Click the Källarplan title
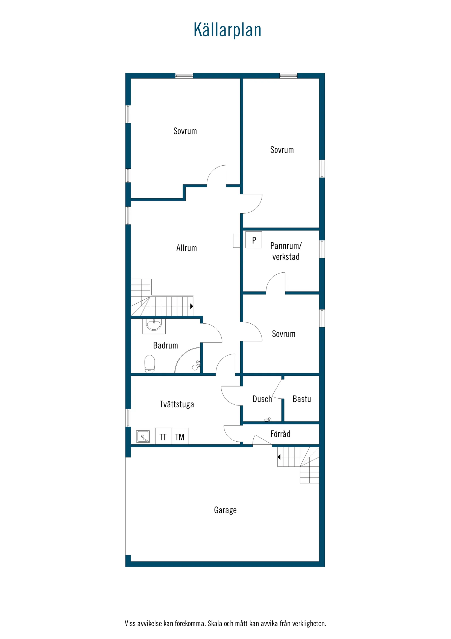[x=227, y=30]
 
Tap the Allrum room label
[x=186, y=248]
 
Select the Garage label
[x=225, y=510]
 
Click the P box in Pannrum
[x=254, y=240]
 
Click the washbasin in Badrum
[x=154, y=325]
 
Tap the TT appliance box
[x=163, y=437]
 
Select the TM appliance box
[x=180, y=437]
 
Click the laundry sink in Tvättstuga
[x=143, y=436]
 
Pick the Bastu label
[x=301, y=399]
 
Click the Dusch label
[x=262, y=399]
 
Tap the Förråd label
[x=280, y=434]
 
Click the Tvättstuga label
[x=177, y=404]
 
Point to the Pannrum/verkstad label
[x=286, y=251]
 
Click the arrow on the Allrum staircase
[x=191, y=306]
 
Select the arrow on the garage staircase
[x=279, y=457]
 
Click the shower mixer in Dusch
[x=268, y=420]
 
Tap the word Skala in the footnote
[x=215, y=623]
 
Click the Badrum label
[x=165, y=346]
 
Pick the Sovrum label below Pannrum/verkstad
[x=283, y=334]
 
